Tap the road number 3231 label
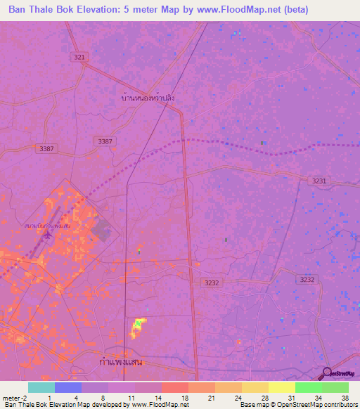(319, 181)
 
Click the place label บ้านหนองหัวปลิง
(148, 98)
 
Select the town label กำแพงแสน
(122, 361)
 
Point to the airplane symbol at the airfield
(46, 235)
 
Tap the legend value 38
(345, 397)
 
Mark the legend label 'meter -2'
(15, 397)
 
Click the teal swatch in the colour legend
(41, 387)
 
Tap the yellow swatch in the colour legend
(281, 387)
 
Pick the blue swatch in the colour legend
(68, 387)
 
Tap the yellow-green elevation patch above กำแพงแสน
(139, 326)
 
